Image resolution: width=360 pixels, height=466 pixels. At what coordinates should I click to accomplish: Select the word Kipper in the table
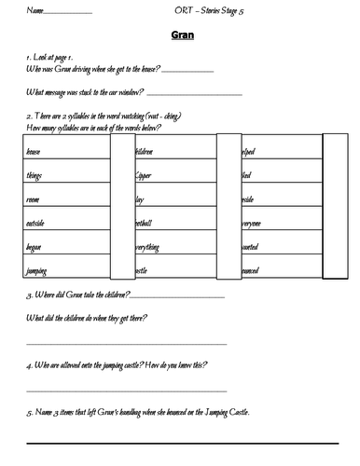148,175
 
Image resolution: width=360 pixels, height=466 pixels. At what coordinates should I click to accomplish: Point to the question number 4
28,367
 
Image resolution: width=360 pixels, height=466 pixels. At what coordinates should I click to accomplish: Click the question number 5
28,412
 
